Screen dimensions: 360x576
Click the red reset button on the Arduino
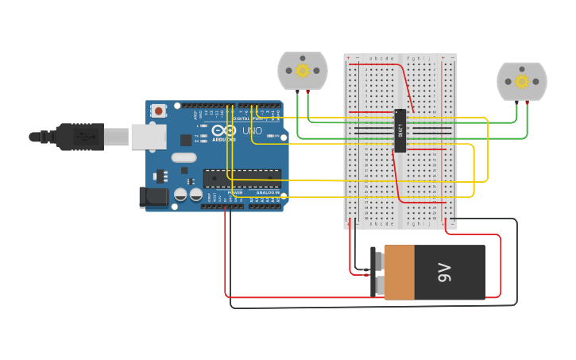coord(158,110)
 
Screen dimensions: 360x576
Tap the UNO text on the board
coord(252,131)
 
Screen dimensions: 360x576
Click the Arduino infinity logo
coord(224,130)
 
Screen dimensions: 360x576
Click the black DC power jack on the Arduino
coord(153,197)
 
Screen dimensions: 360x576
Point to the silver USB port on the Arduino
coord(148,137)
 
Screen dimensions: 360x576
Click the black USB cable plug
coord(79,137)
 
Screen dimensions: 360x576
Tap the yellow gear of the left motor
coord(302,71)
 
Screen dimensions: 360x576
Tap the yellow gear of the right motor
coord(521,81)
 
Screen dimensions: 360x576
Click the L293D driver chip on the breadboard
coord(400,130)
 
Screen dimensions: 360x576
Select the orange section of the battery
coord(399,273)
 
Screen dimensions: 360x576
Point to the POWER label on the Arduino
coord(235,192)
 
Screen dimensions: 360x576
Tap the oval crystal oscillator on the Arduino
coord(183,157)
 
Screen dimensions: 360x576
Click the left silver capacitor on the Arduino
coord(180,194)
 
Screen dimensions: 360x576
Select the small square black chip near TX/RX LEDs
coord(186,140)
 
